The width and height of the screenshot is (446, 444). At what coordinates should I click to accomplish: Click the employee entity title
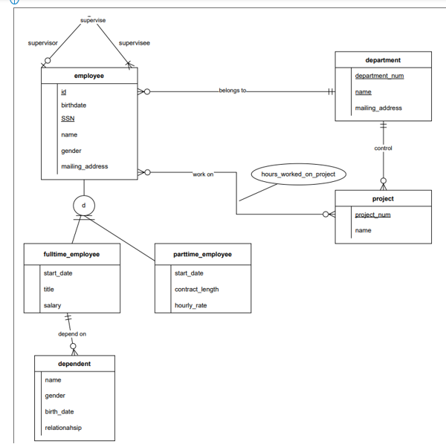pos(89,76)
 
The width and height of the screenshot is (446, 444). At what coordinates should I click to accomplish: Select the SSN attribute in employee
pos(68,119)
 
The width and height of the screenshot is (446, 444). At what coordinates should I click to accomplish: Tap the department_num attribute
pos(379,76)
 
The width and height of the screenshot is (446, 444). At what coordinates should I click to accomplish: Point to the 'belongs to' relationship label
pos(233,91)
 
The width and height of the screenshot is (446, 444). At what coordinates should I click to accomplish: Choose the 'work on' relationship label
pos(203,174)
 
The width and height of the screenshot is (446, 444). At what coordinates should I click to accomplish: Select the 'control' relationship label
pos(383,148)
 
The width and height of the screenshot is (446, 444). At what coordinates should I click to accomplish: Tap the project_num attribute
pos(372,215)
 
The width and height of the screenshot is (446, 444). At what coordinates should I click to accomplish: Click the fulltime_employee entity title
pos(71,254)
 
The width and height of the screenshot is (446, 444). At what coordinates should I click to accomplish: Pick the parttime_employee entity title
pos(202,254)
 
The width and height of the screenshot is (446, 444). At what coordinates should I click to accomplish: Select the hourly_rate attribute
pos(190,305)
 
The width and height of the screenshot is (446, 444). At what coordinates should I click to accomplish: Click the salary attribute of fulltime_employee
pos(52,305)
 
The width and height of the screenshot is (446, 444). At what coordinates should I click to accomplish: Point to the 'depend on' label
pos(72,334)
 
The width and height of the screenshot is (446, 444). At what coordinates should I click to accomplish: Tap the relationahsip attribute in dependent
pos(63,428)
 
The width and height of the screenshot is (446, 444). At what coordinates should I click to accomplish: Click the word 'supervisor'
pos(42,43)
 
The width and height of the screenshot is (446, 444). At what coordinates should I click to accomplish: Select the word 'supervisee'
pos(135,43)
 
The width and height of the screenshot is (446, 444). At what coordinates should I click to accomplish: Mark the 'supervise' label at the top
pos(93,21)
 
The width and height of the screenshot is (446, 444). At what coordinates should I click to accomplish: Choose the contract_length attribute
pos(196,290)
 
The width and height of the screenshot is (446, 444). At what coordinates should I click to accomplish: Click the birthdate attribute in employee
pos(74,105)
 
